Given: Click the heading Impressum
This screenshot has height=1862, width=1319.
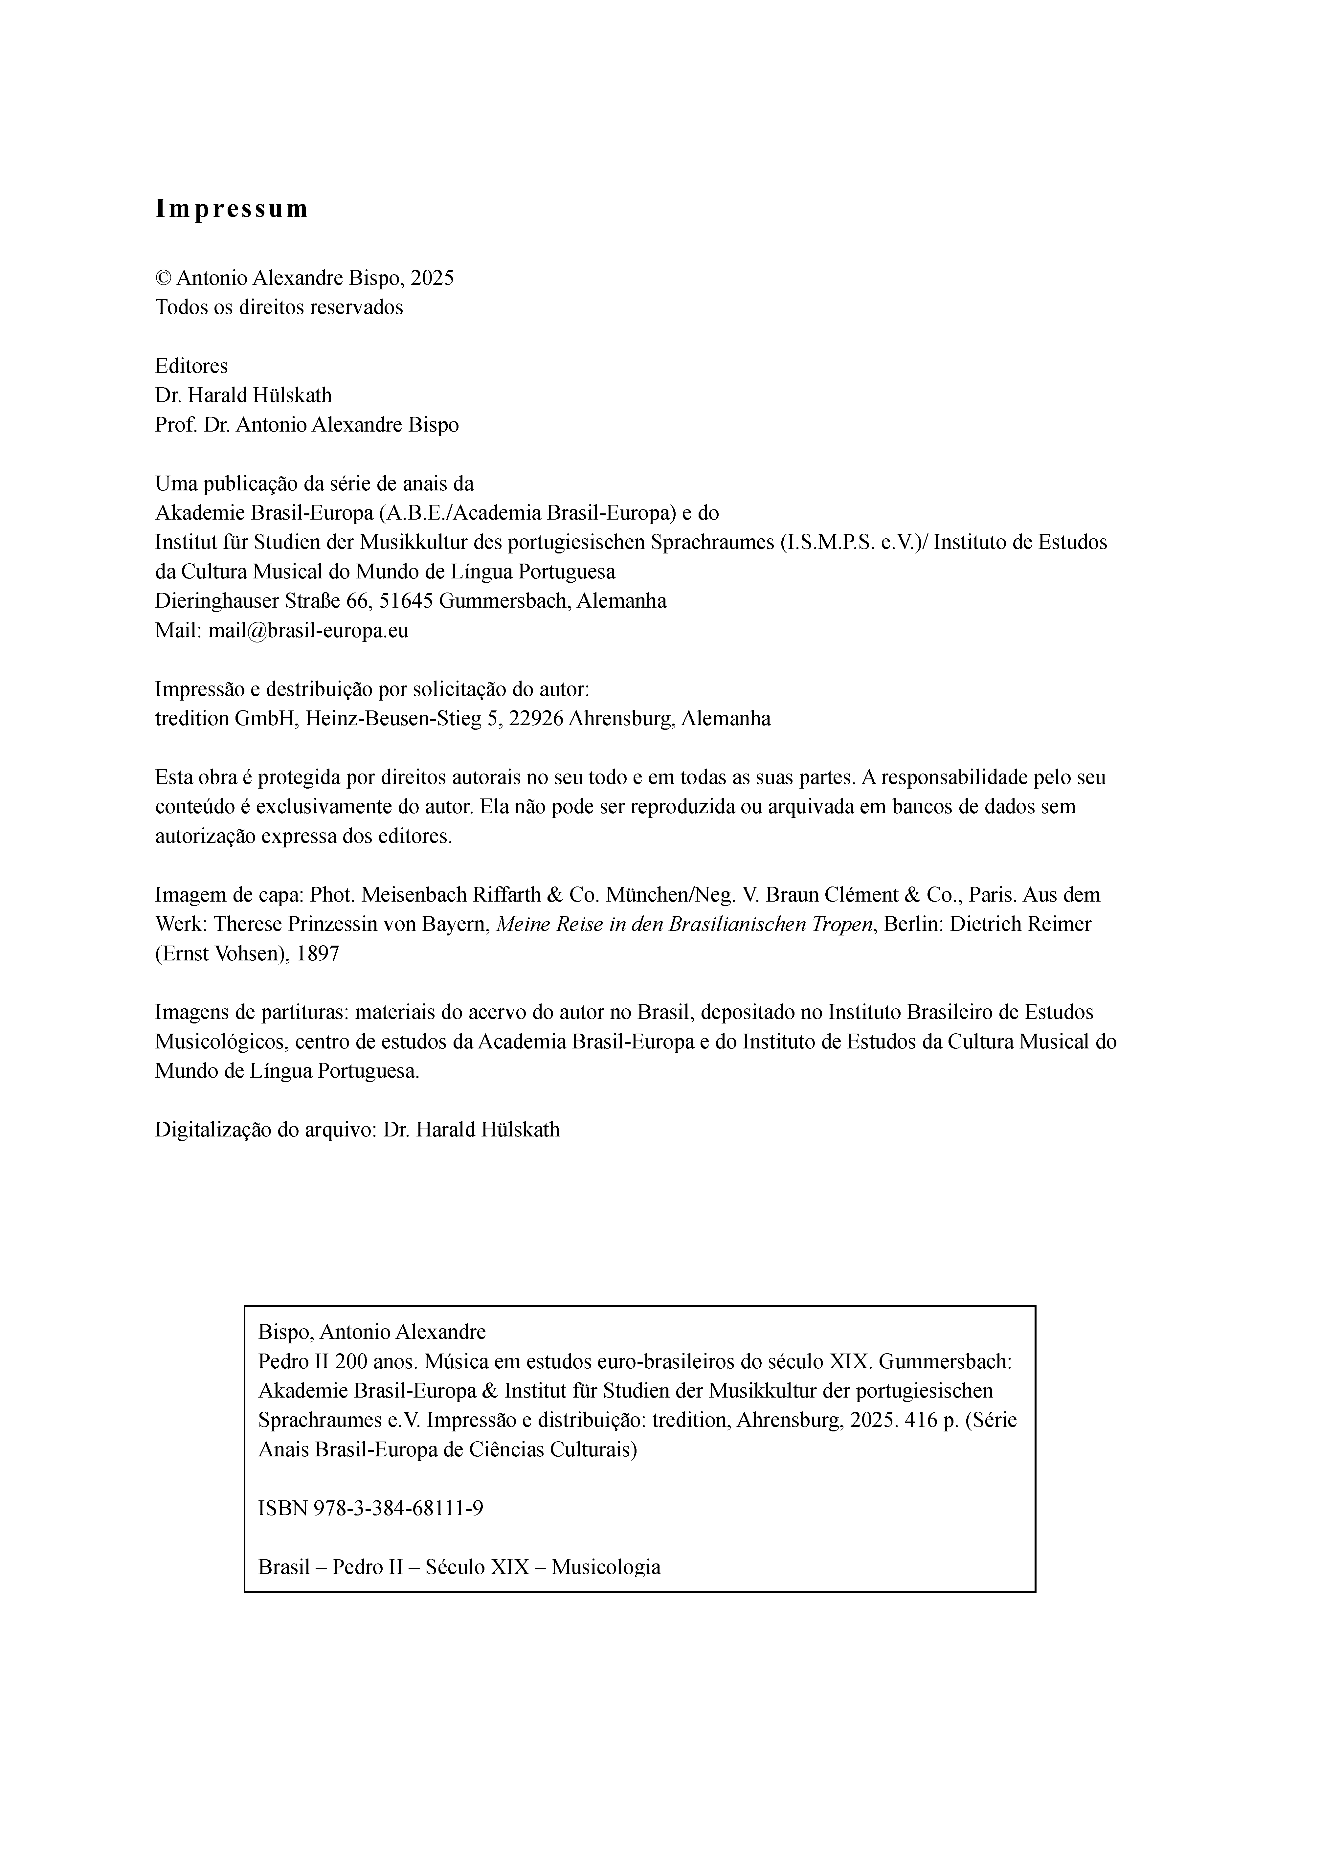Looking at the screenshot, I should click(x=232, y=210).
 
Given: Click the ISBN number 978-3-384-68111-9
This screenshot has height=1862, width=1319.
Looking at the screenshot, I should click(x=398, y=1508).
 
